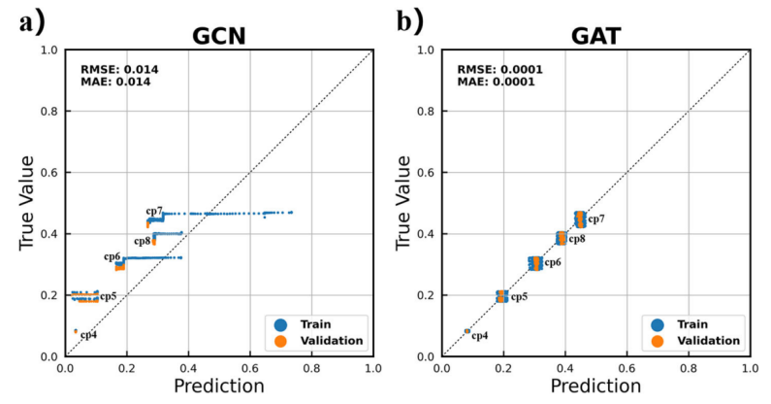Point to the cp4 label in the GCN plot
(88, 335)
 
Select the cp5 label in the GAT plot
(520, 296)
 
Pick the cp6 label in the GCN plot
(112, 256)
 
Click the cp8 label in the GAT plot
(577, 239)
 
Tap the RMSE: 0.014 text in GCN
(117, 69)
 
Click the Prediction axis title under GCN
(218, 387)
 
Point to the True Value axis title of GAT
(405, 204)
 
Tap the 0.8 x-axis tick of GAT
(688, 369)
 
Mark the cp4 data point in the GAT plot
(466, 331)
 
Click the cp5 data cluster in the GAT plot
(501, 296)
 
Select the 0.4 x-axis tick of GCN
(188, 369)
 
